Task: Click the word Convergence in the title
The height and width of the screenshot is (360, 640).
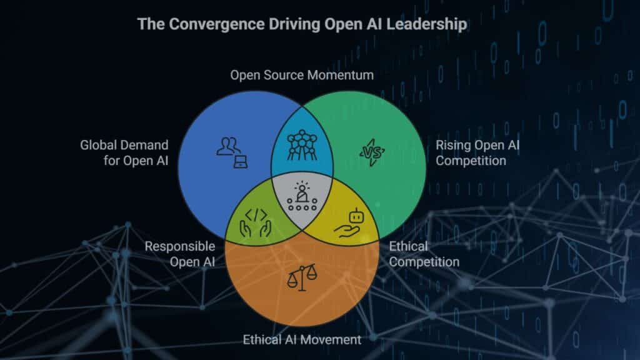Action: click(x=204, y=25)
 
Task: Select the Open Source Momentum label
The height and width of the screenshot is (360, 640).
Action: click(x=302, y=76)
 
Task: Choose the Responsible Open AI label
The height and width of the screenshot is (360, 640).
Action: click(x=180, y=254)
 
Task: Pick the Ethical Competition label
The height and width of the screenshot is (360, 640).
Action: click(x=424, y=254)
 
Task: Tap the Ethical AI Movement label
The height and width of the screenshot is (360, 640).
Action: click(x=302, y=340)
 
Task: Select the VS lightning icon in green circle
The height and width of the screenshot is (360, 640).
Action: click(x=373, y=152)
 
